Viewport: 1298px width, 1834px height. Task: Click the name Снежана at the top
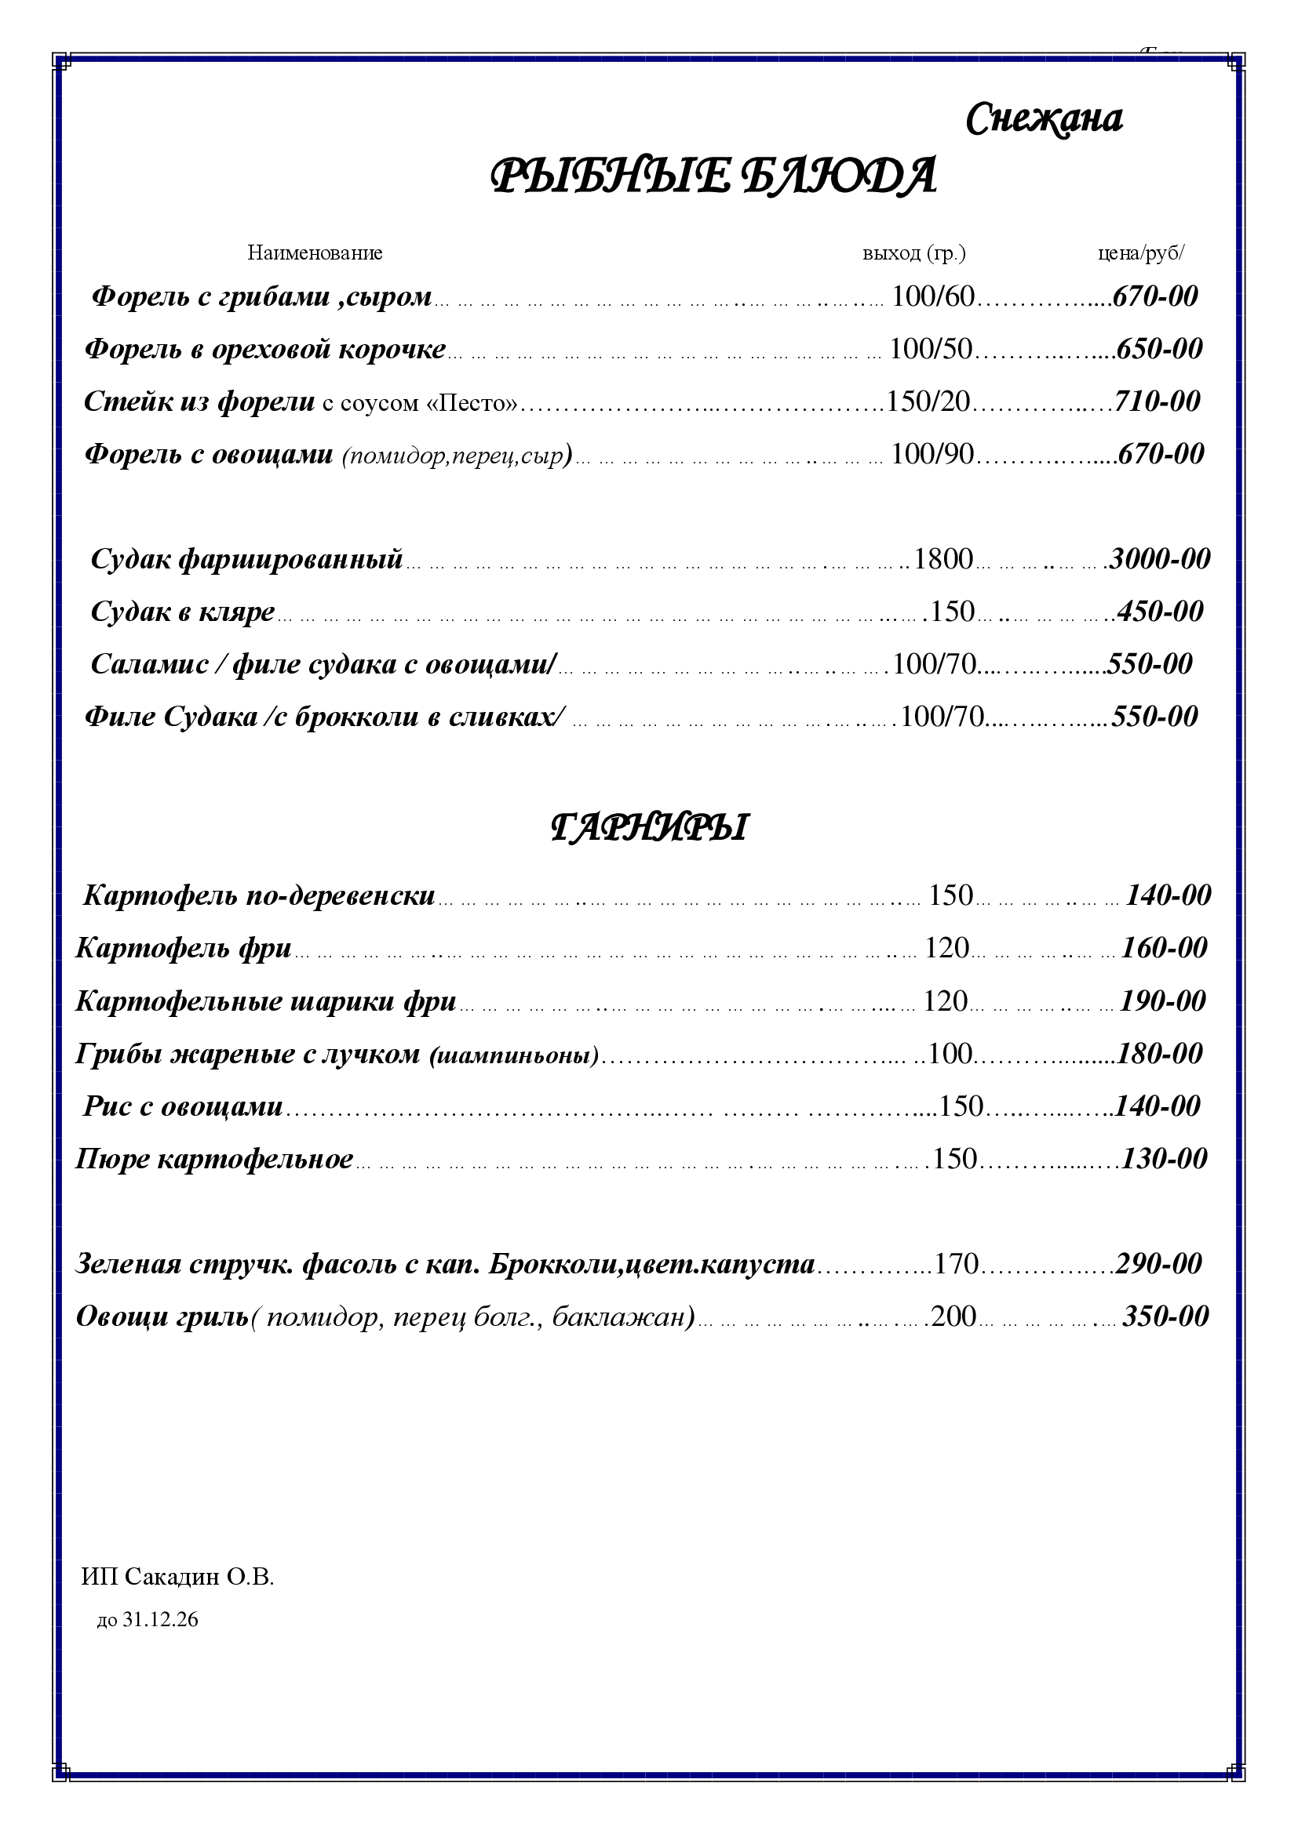1044,120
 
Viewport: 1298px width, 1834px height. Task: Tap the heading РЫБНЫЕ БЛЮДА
712,176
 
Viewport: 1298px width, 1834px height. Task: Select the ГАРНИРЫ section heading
649,828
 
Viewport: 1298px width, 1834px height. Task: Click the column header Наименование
315,253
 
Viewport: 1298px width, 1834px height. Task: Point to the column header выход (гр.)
913,253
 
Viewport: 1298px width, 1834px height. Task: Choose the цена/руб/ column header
1140,253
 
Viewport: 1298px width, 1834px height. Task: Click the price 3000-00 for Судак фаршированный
1161,558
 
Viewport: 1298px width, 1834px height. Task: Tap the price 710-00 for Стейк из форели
1158,401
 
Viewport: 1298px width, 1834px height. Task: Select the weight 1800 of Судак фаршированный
943,558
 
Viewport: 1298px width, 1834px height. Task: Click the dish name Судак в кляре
183,612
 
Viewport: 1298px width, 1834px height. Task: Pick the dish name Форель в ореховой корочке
265,349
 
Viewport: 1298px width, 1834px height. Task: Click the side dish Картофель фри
184,948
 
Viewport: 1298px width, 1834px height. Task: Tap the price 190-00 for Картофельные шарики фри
1162,1001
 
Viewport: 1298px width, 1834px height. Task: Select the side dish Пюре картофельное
214,1158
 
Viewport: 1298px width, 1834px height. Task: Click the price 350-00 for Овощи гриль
1165,1316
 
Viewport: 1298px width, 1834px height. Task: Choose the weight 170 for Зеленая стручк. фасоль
956,1264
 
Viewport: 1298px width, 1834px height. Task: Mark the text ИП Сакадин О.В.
177,1577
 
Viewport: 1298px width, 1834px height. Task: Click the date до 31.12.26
148,1620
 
